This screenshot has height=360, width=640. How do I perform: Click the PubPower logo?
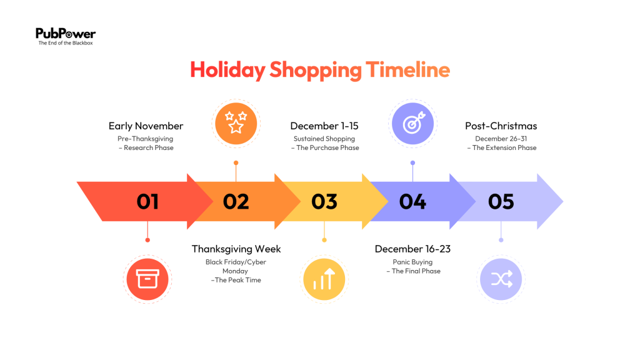[65, 34]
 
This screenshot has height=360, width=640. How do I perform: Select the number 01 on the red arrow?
[148, 201]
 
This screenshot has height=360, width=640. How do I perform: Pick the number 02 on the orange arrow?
[236, 201]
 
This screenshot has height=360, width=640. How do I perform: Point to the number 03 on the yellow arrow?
[324, 201]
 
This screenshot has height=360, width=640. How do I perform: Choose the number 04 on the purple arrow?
[412, 201]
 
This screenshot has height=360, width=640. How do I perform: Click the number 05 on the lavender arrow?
[501, 201]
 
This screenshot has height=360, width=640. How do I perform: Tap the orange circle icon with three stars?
[236, 123]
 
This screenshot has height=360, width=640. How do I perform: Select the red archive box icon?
[147, 279]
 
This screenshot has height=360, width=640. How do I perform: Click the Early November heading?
[146, 126]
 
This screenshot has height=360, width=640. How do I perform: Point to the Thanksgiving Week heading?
[236, 249]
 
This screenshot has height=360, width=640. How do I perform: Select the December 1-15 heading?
[324, 126]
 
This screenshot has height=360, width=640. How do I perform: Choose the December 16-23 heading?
[412, 249]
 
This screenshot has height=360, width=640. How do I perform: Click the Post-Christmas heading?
[501, 126]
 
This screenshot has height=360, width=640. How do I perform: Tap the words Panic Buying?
[412, 262]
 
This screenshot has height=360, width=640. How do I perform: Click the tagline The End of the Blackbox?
[65, 43]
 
